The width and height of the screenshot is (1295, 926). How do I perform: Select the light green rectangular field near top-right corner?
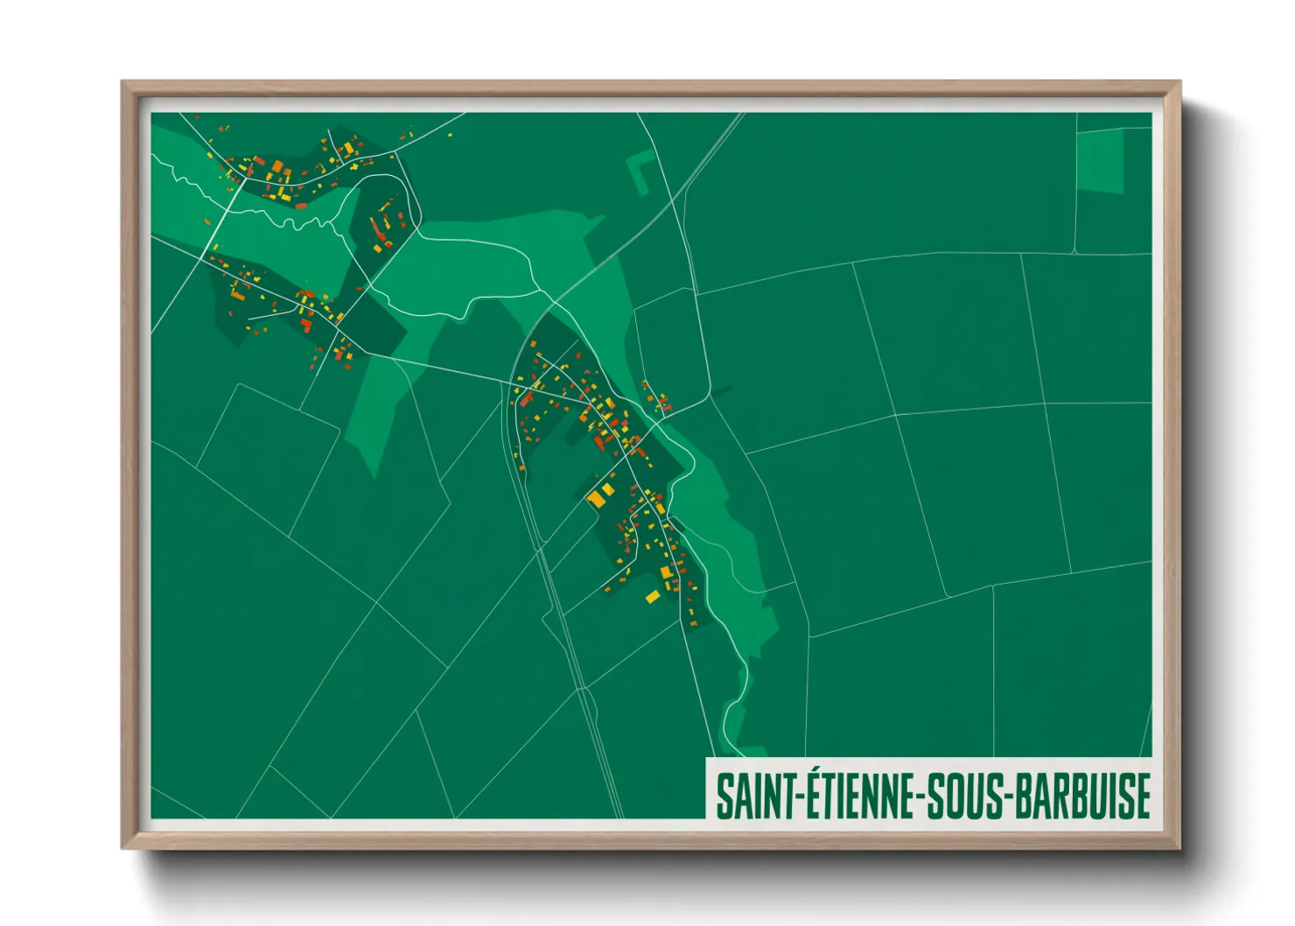(1100, 161)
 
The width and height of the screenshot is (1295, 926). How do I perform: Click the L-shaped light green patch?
(640, 170)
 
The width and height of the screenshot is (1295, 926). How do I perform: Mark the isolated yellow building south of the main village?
(652, 597)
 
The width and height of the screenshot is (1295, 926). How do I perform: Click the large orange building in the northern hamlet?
(277, 166)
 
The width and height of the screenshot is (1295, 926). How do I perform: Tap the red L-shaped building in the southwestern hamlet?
(306, 325)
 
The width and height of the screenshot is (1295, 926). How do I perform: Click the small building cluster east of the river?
(658, 401)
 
